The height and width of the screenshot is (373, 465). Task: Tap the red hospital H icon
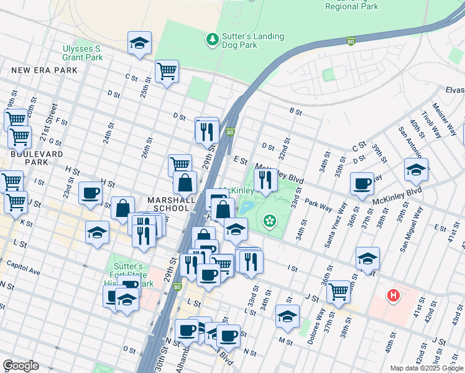[x=393, y=295]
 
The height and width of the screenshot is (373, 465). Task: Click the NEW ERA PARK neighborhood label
[x=45, y=70]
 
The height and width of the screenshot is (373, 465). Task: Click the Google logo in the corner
[x=21, y=366]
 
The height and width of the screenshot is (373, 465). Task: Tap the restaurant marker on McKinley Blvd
[x=266, y=180]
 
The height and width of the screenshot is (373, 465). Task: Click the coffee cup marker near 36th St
[x=362, y=183]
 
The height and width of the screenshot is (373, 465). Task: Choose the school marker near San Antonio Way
[x=416, y=168]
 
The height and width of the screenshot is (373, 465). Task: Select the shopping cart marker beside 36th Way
[x=338, y=290]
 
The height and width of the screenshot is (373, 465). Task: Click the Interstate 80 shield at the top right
[x=351, y=42]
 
